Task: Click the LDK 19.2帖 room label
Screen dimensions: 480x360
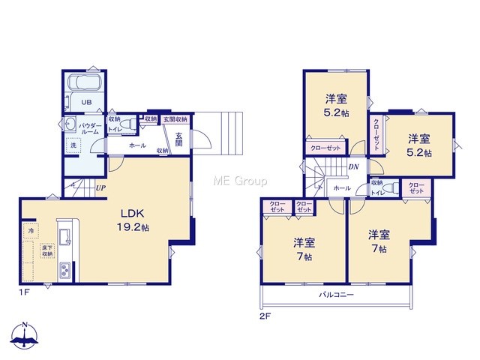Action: [x=133, y=220]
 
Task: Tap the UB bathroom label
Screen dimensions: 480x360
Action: [x=86, y=102]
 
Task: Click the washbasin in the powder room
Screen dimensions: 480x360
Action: [x=70, y=124]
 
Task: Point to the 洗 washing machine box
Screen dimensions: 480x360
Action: [x=73, y=145]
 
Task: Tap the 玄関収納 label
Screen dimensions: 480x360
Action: [x=175, y=119]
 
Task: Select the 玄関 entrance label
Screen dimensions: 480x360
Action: [x=179, y=139]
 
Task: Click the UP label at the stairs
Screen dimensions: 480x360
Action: [x=100, y=188]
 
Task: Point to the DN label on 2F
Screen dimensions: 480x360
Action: [x=353, y=167]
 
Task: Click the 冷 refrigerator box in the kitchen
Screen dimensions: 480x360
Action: [x=31, y=231]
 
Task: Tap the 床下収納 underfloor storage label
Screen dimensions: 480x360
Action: [x=47, y=251]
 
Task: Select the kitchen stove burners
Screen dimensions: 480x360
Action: [x=65, y=270]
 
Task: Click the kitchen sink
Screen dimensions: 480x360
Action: [x=64, y=237]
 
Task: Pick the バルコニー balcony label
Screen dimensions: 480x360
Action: [x=337, y=295]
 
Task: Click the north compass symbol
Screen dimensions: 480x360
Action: [x=25, y=335]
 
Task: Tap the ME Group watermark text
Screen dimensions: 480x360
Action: [x=240, y=181]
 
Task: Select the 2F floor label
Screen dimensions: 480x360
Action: [x=265, y=316]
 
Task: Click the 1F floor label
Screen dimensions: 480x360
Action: [x=24, y=292]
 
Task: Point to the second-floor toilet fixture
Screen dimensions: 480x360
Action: [x=391, y=187]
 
